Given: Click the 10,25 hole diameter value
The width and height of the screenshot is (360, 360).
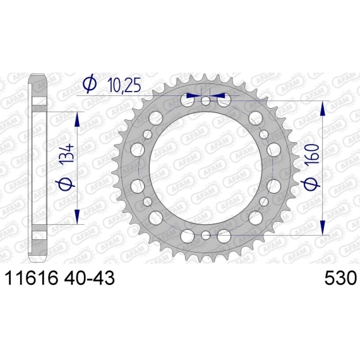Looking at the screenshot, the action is click(x=124, y=86).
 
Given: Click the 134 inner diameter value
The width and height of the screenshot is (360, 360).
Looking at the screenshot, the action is click(x=68, y=153).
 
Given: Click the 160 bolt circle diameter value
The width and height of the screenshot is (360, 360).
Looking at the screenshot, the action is click(x=313, y=153).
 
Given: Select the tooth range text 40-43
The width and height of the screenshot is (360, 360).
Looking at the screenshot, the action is click(x=90, y=278).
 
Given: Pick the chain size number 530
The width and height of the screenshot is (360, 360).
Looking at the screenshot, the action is click(x=340, y=278).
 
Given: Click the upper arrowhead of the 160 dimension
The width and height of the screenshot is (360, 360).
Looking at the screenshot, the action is click(x=323, y=109).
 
